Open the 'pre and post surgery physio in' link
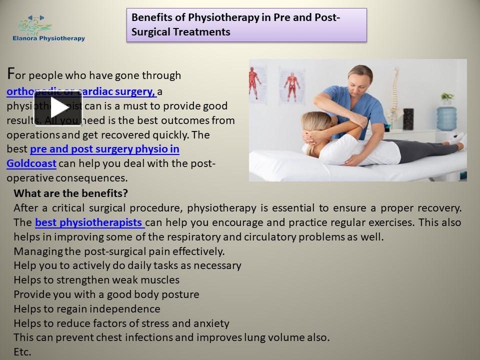pyautogui.click(x=104, y=149)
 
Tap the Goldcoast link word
pyautogui.click(x=31, y=163)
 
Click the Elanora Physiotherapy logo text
pyautogui.click(x=48, y=38)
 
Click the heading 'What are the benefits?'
pyautogui.click(x=70, y=193)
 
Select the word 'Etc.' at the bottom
pyautogui.click(x=22, y=351)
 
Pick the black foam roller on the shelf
pyautogui.click(x=408, y=120)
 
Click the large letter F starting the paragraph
pyautogui.click(x=11, y=74)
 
